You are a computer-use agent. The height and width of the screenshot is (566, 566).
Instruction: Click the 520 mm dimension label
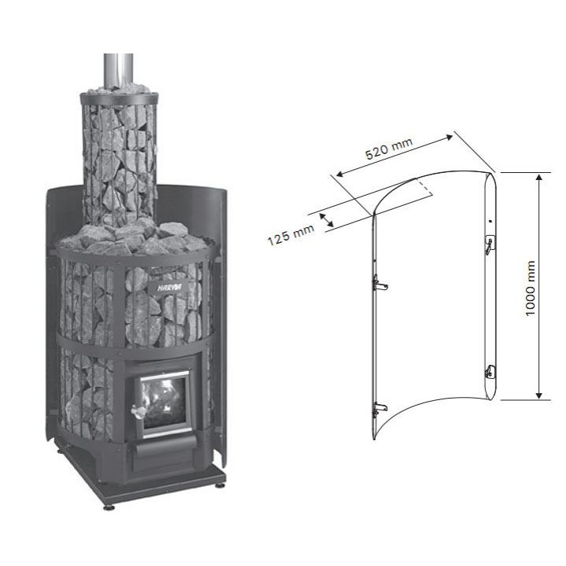click(388, 149)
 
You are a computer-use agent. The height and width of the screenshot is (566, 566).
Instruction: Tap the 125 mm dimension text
click(291, 234)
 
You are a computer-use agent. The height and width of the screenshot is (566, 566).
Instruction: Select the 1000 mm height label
click(530, 288)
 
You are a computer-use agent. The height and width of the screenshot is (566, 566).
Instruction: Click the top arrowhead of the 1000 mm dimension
click(539, 177)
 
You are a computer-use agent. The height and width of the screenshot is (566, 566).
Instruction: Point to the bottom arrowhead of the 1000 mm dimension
click(539, 395)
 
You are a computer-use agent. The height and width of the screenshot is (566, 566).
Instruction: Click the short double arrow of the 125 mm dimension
click(327, 220)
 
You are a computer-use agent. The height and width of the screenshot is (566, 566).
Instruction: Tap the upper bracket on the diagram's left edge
click(380, 283)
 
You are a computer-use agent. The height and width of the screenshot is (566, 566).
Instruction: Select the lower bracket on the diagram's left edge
click(380, 408)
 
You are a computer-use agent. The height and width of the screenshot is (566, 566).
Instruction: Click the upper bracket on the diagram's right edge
click(490, 244)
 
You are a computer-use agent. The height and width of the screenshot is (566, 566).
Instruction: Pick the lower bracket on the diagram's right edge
click(491, 371)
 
